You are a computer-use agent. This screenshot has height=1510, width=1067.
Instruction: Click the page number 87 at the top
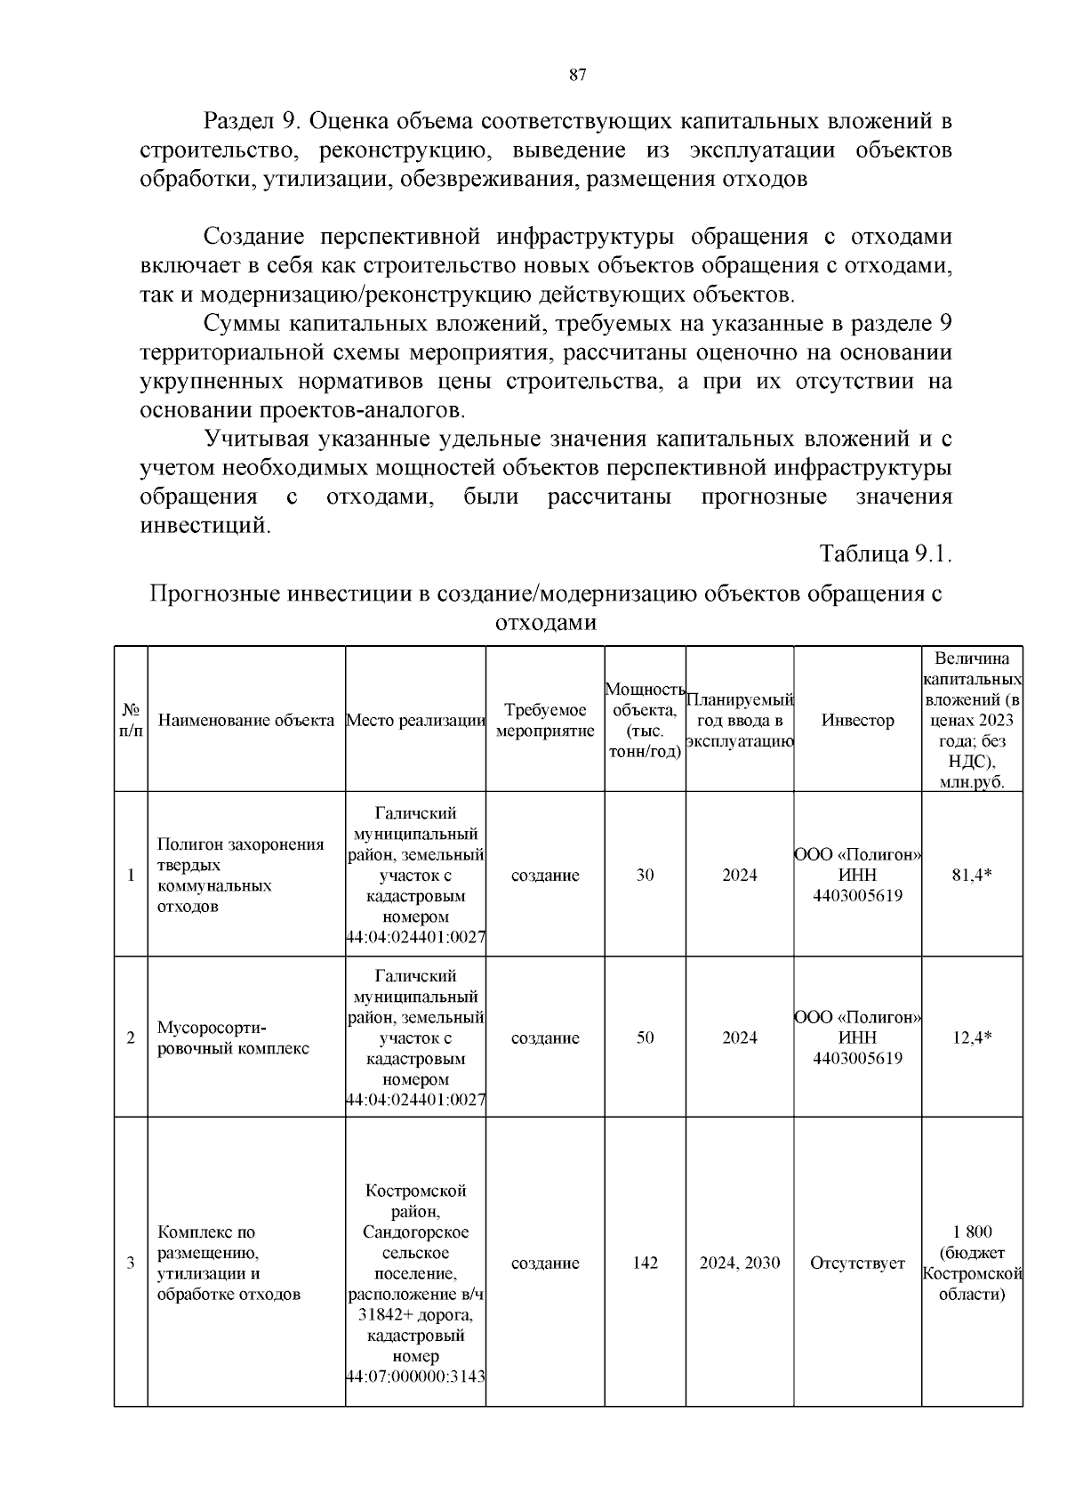pyautogui.click(x=577, y=76)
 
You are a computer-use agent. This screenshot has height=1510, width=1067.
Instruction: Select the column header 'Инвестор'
pyautogui.click(x=857, y=720)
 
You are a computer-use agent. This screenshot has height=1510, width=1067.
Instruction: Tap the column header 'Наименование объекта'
pyautogui.click(x=246, y=720)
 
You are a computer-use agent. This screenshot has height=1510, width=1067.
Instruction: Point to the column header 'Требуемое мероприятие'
pyautogui.click(x=545, y=720)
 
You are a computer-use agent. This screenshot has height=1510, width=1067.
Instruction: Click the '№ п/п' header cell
pyautogui.click(x=131, y=720)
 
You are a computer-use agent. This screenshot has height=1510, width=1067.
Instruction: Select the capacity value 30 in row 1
pyautogui.click(x=645, y=875)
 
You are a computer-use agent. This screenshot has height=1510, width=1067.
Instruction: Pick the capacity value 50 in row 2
pyautogui.click(x=645, y=1038)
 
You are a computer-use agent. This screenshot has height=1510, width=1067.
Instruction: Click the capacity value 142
pyautogui.click(x=645, y=1263)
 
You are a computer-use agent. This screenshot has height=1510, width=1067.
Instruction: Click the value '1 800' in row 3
pyautogui.click(x=972, y=1232)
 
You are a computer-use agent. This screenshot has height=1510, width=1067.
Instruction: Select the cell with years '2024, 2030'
pyautogui.click(x=739, y=1263)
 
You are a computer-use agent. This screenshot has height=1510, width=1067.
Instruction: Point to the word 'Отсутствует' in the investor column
pyautogui.click(x=857, y=1263)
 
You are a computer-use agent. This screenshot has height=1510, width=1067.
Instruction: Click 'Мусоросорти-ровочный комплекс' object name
pyautogui.click(x=233, y=1038)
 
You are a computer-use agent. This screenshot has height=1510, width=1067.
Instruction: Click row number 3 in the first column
pyautogui.click(x=131, y=1263)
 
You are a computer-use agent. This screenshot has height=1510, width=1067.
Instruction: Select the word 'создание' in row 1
pyautogui.click(x=545, y=875)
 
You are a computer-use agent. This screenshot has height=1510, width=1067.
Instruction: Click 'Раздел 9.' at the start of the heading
pyautogui.click(x=252, y=120)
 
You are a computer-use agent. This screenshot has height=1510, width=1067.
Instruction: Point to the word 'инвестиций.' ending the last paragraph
pyautogui.click(x=205, y=525)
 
